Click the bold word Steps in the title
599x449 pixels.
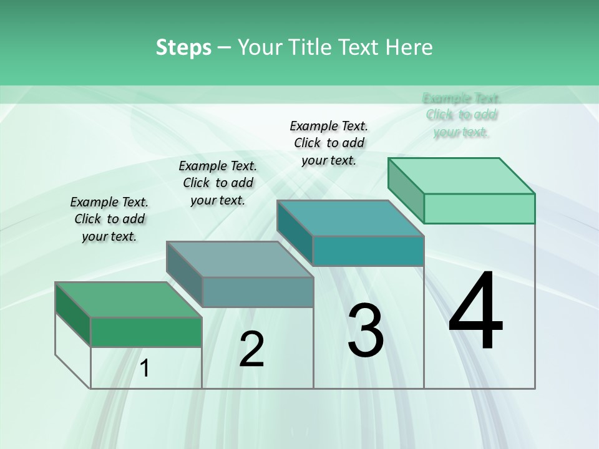point(183,47)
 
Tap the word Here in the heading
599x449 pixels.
point(409,47)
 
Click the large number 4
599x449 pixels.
point(476,312)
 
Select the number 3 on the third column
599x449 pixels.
point(366,331)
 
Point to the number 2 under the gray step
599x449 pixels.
point(251,349)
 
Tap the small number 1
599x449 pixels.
point(145,369)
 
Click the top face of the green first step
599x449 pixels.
point(128,299)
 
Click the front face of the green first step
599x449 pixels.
point(146,332)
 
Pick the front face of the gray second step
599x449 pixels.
point(258,292)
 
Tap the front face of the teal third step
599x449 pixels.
point(368,251)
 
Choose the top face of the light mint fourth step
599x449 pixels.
point(461,176)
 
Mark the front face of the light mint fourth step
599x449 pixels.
point(479,208)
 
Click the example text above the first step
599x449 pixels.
point(109,219)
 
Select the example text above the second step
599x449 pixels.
point(218,183)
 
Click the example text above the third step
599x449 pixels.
point(329,143)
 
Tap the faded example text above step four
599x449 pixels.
point(462,115)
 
